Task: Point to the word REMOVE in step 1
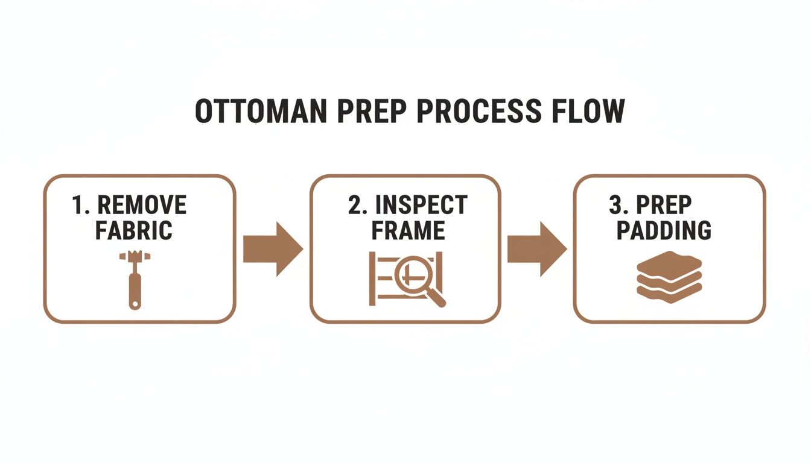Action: coord(142,205)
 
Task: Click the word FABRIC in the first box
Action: coord(133,230)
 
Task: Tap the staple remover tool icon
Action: coord(135,280)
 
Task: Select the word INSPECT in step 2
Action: coord(421,205)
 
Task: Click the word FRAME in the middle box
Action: coord(408,230)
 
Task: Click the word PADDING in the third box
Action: coord(664,230)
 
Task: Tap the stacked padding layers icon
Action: coord(669,277)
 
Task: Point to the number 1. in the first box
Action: coord(81,205)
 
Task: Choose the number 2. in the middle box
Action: coord(357,205)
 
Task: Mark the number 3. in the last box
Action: coord(619,205)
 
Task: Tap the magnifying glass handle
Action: coord(435,297)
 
